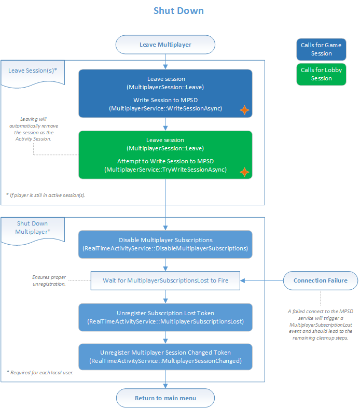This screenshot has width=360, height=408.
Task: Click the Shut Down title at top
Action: (178, 11)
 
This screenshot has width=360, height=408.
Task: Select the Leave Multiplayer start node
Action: (165, 45)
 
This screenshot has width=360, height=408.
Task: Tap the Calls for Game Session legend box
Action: (321, 49)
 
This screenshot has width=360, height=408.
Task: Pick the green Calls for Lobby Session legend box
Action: (321, 74)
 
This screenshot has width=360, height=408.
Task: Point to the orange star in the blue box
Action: (243, 110)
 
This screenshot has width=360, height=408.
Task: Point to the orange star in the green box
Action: (243, 171)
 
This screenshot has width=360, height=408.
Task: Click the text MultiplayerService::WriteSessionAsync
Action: (165, 108)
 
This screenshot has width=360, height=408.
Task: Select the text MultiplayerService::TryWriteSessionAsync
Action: (165, 170)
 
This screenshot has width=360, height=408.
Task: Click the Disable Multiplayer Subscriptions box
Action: (165, 245)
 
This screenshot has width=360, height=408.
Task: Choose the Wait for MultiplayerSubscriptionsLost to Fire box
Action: (165, 280)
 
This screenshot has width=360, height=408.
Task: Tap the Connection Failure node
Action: (321, 280)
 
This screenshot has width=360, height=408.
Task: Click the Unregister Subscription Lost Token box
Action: (165, 316)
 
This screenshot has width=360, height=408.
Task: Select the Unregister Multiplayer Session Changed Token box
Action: (165, 356)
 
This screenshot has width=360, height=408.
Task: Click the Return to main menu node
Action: (165, 398)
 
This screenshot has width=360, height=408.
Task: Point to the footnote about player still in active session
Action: (46, 195)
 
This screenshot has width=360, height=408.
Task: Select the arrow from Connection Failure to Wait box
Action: (262, 280)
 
